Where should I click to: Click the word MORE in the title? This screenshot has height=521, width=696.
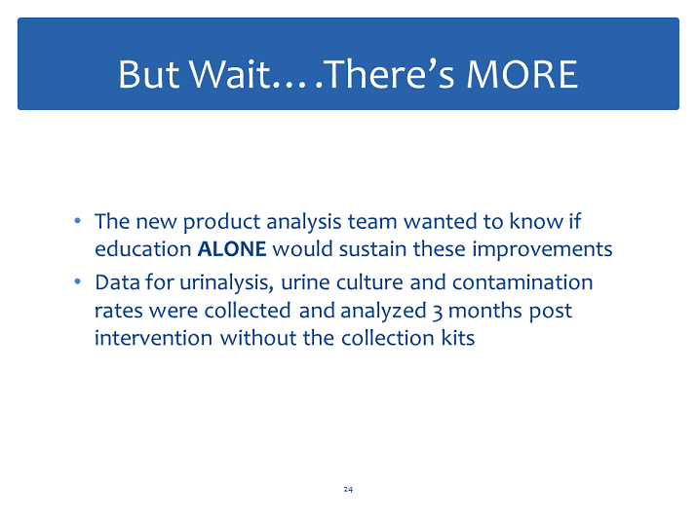pos(522,74)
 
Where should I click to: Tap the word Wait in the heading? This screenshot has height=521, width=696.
pos(231,74)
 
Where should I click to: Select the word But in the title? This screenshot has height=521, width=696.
pos(149,74)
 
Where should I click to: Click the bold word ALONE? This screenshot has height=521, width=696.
pos(232,248)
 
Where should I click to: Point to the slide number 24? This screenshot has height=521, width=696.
pos(348,489)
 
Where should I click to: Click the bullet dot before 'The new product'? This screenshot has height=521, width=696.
pos(78,220)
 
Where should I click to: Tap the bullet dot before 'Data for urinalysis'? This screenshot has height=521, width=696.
pos(78,281)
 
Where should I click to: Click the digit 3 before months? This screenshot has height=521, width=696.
pos(438,312)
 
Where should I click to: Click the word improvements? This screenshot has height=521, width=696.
pos(542,249)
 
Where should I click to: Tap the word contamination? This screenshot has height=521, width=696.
pos(522,282)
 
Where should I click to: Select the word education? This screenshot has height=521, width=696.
pos(143,248)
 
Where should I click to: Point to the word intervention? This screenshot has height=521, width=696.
pos(154,338)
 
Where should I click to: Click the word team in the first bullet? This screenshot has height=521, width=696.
pos(372,222)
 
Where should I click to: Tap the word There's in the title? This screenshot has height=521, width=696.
pos(391,74)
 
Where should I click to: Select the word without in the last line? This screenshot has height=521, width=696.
pos(258,338)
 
